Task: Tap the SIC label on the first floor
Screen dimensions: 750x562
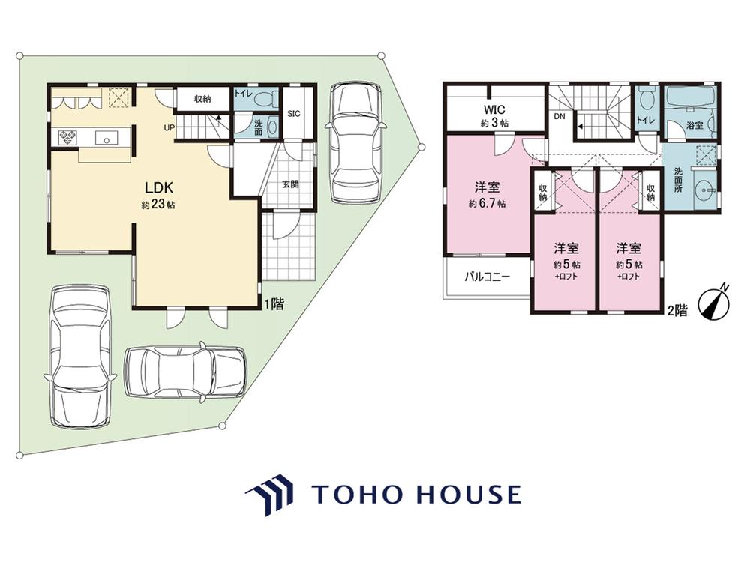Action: click(294, 114)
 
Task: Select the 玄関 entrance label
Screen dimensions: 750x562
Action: click(290, 184)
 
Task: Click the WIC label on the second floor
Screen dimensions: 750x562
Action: click(494, 110)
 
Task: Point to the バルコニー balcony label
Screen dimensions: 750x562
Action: click(487, 277)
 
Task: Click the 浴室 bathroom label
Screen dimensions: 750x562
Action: click(694, 126)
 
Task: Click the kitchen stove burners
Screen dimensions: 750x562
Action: click(67, 138)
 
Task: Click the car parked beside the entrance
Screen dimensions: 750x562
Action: click(355, 142)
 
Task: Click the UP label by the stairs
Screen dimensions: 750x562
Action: click(169, 128)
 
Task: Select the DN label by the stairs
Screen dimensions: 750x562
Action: click(559, 116)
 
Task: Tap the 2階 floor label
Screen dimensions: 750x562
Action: click(677, 311)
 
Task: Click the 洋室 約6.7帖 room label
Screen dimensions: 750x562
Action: click(487, 194)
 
